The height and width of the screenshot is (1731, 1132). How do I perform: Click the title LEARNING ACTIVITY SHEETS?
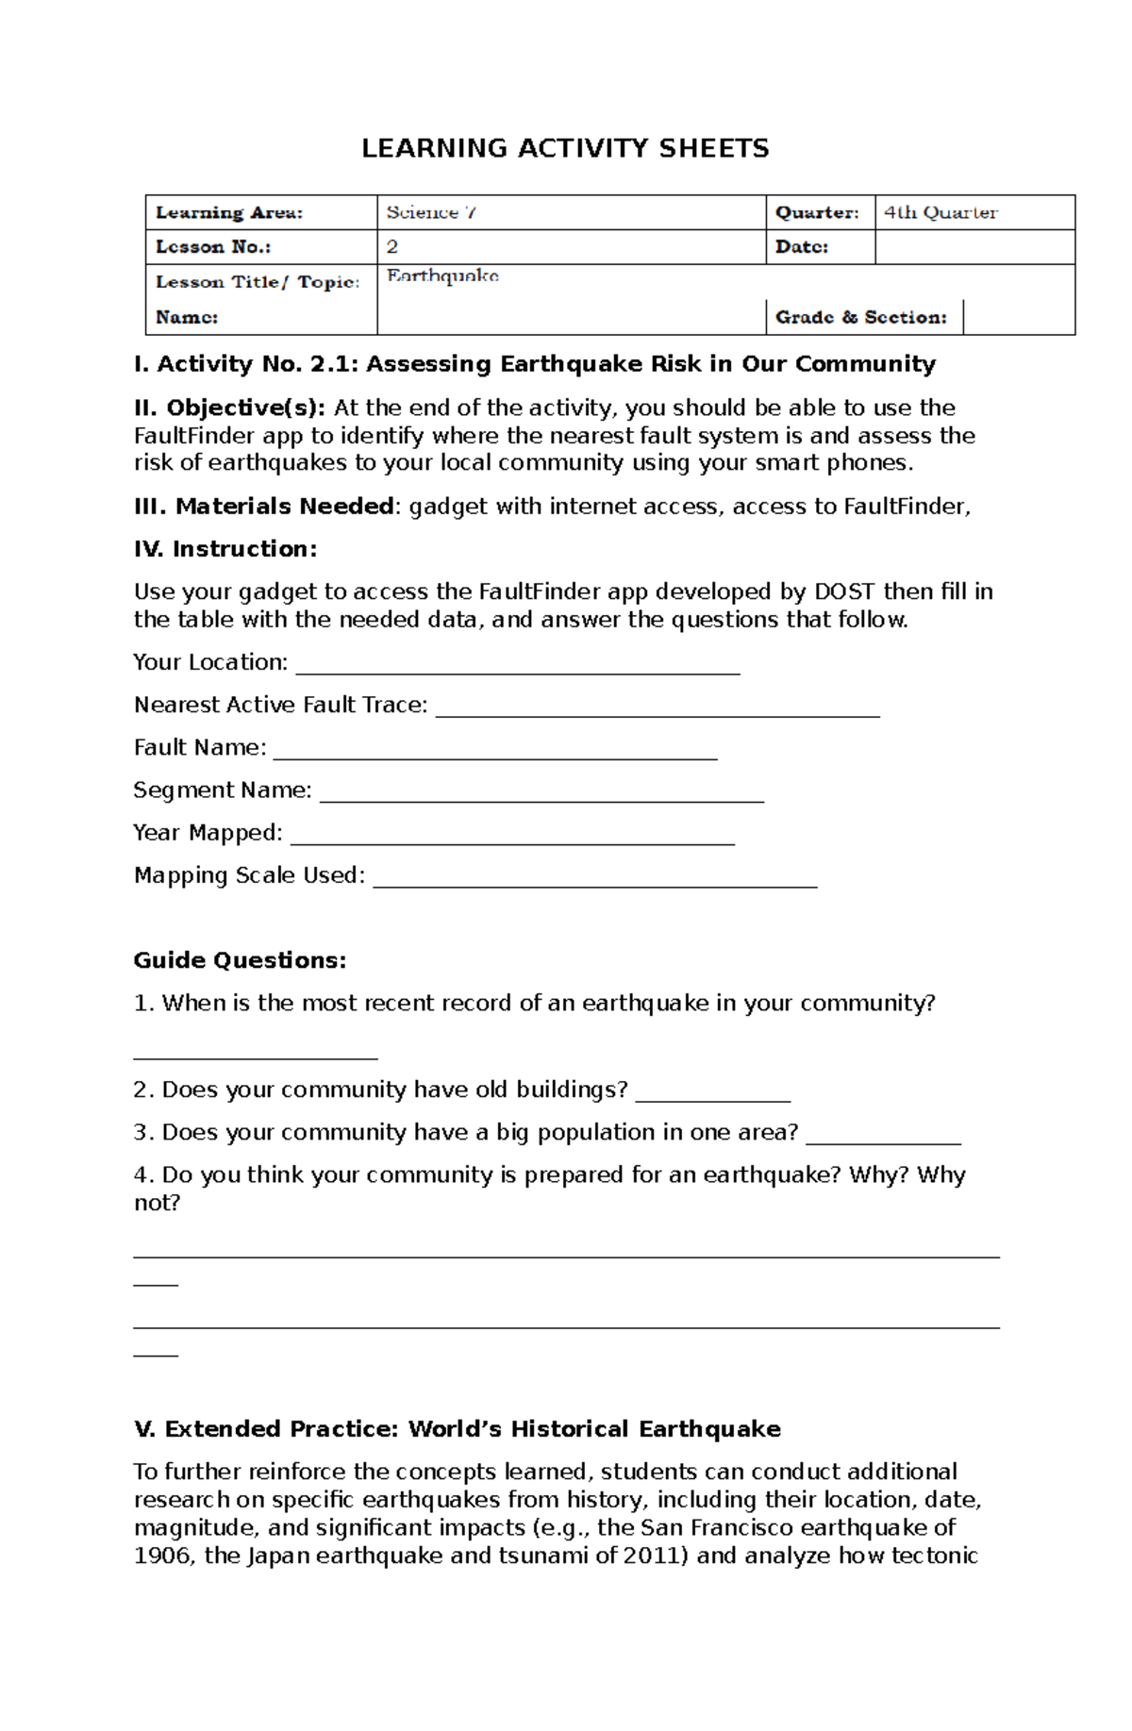click(565, 148)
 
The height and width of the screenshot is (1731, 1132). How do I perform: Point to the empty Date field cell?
click(974, 247)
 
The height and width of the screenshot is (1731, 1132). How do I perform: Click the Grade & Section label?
click(860, 318)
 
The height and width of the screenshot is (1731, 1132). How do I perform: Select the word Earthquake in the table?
click(442, 276)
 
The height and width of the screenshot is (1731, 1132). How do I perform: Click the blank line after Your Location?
click(517, 668)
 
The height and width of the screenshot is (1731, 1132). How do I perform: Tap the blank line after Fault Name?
click(494, 753)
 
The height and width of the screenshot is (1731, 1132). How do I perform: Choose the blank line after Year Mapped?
click(512, 839)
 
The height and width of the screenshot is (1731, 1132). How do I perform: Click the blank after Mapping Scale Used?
click(594, 881)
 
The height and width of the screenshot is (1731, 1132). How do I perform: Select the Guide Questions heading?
click(240, 960)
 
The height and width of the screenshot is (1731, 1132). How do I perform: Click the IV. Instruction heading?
click(225, 549)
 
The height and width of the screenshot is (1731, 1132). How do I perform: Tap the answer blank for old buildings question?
click(712, 1095)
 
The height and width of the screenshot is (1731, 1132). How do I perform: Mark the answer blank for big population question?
click(883, 1138)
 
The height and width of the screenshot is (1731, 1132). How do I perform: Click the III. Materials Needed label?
click(264, 507)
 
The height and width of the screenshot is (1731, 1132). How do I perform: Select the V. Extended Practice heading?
click(457, 1429)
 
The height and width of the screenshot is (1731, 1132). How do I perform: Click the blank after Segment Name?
click(541, 795)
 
